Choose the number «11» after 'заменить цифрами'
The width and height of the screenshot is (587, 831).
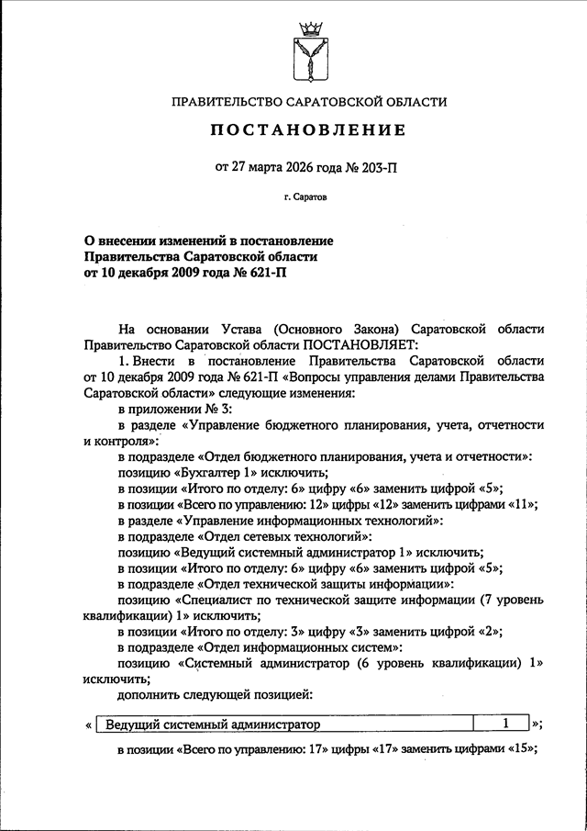coord(522,504)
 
